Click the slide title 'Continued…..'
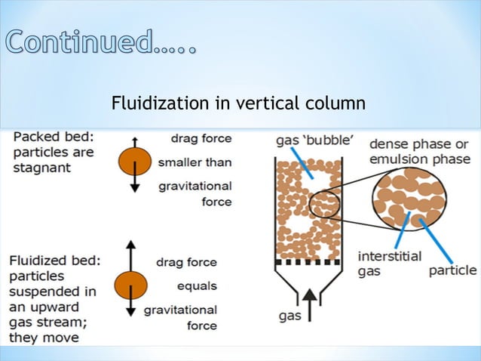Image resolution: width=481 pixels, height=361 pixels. click(x=101, y=42)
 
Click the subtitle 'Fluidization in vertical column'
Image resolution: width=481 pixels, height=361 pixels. click(x=238, y=103)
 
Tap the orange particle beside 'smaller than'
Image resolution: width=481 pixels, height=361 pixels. click(x=134, y=162)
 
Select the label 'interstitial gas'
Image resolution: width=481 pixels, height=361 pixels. click(x=389, y=263)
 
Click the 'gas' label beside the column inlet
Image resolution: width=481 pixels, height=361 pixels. click(x=290, y=316)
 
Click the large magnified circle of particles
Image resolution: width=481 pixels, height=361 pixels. click(x=410, y=197)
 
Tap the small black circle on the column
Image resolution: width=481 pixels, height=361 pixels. click(x=324, y=204)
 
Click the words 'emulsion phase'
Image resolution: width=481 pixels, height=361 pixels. click(x=419, y=159)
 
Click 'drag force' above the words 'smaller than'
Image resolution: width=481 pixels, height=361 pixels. click(x=201, y=138)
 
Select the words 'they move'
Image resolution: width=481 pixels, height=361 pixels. click(x=44, y=337)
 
